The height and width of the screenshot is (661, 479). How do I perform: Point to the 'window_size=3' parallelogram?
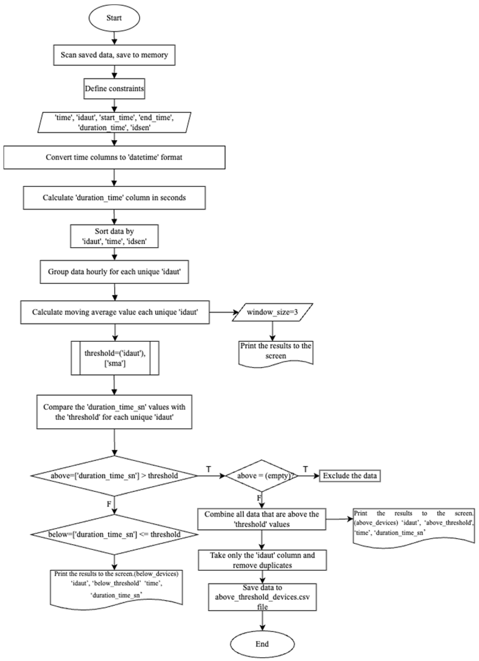coord(272,312)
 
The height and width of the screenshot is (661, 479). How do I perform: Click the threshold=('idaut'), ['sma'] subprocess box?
coord(115,358)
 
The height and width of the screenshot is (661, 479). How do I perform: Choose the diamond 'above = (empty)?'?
coord(262,476)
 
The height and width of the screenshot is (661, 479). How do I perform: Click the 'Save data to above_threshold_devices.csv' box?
coord(262,597)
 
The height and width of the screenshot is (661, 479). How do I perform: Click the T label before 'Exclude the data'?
coord(305,469)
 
